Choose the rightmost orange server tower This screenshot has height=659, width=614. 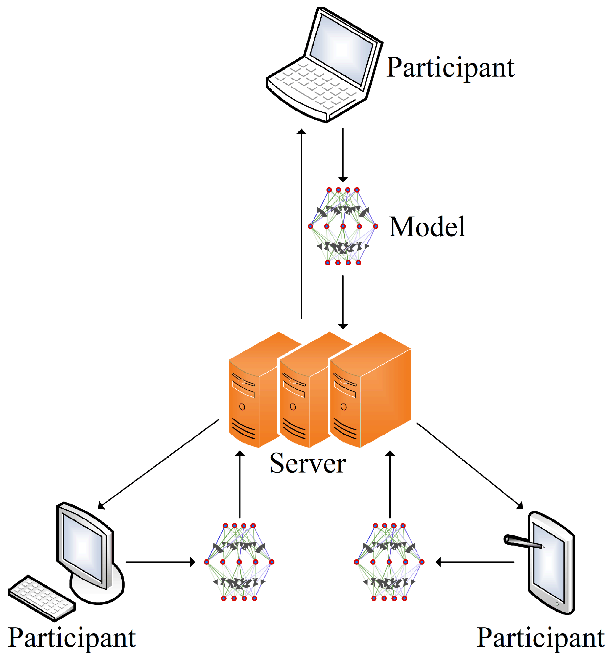[x=371, y=391]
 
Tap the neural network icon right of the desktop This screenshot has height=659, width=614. [x=239, y=562]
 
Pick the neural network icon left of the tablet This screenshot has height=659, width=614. [x=389, y=562]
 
